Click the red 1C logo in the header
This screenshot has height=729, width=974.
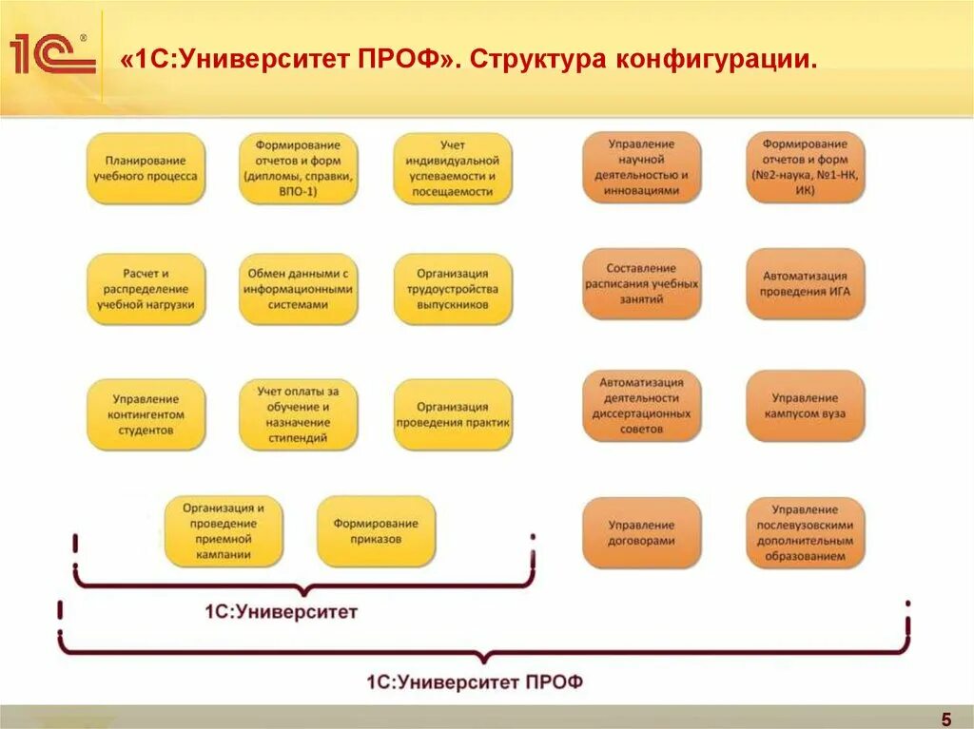click(53, 55)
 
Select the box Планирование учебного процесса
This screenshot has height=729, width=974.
click(146, 168)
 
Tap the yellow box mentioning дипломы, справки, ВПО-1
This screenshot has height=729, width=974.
click(298, 168)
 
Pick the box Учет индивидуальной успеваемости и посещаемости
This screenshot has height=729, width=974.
click(453, 168)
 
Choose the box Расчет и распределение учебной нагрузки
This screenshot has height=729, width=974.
click(146, 289)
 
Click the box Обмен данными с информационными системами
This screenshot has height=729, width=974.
click(298, 289)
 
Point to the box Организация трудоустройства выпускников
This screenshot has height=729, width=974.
click(453, 289)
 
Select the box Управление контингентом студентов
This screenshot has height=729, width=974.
click(146, 414)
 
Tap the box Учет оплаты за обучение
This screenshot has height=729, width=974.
click(298, 414)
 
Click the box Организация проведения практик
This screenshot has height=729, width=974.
click(453, 414)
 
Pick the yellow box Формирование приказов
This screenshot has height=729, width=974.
click(376, 530)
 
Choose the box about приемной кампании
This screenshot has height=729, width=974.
click(224, 530)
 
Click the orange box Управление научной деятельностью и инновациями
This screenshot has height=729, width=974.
click(642, 167)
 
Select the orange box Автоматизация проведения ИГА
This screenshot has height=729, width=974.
click(806, 283)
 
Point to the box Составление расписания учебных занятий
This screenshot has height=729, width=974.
click(642, 283)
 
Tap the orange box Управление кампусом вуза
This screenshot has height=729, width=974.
click(806, 406)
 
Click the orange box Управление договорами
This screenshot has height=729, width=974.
click(642, 532)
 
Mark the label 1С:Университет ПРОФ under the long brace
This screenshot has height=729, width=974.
click(474, 681)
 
